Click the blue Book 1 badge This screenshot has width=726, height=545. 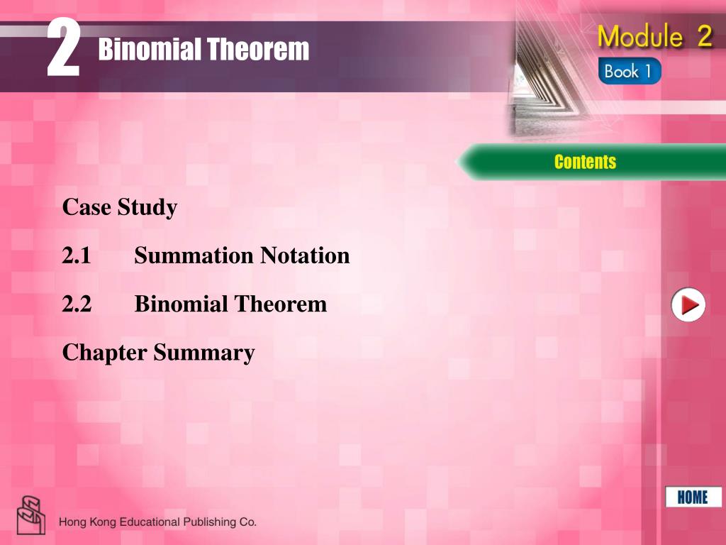pos(629,72)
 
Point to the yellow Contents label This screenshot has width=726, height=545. pos(585,162)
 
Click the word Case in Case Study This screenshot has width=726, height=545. pos(84,208)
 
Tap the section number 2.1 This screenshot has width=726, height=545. pos(77,255)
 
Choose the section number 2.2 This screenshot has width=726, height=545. pos(77,304)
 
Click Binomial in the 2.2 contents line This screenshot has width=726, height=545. pos(181,304)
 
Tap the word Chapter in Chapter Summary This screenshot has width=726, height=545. pos(104,353)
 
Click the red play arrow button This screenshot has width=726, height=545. pos(688,306)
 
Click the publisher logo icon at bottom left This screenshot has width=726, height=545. pos(31,515)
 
